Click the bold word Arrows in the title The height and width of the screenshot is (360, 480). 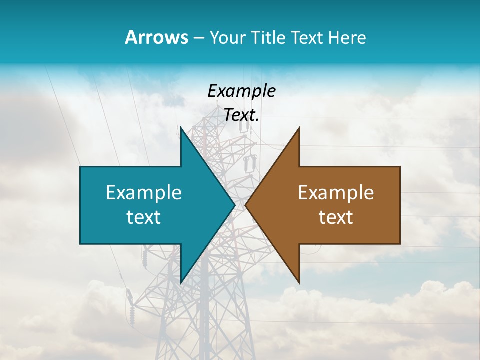tap(156, 37)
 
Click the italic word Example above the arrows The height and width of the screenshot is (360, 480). tap(241, 91)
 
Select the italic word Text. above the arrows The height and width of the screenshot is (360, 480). tap(241, 115)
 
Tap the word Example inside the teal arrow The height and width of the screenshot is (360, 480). tap(144, 193)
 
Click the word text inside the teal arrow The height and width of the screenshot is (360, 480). tap(144, 217)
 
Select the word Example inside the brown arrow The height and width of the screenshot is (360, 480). tap(336, 193)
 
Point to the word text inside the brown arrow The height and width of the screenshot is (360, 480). tap(336, 217)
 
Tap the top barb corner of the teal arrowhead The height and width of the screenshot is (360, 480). tap(181, 128)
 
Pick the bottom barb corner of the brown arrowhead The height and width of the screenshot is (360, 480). tap(299, 281)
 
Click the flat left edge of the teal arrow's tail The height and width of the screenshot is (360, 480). tap(81, 205)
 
